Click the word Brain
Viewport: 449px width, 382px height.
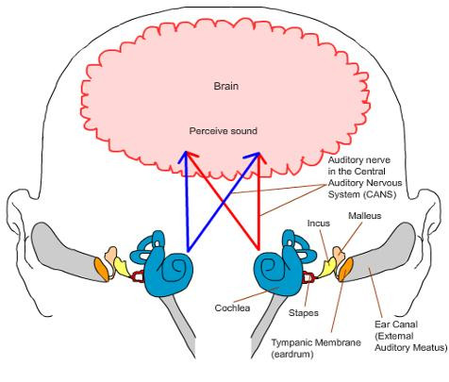click(x=224, y=86)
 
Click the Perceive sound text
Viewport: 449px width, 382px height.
click(x=224, y=130)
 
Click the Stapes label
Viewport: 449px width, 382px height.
click(x=302, y=312)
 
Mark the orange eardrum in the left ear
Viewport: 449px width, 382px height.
click(x=102, y=270)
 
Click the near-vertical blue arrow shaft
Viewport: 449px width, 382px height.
click(x=189, y=203)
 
